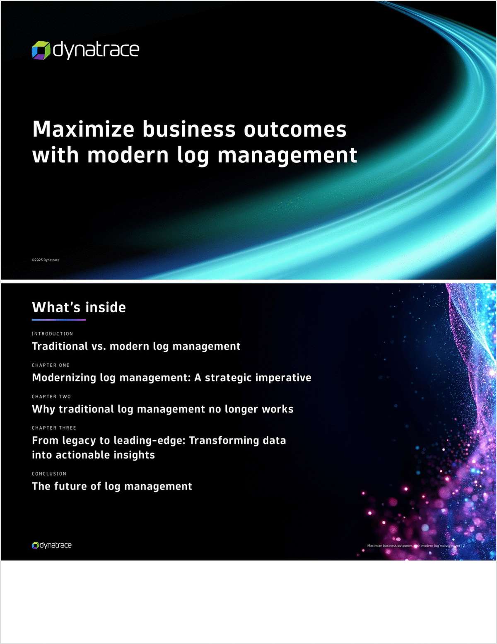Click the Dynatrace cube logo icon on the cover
41,50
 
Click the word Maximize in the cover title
83,129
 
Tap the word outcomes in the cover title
295,129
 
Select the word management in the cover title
287,155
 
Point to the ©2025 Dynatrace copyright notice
46,260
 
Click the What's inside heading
79,307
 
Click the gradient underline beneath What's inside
59,320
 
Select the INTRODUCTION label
52,334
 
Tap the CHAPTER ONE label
51,365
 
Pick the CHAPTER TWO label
51,397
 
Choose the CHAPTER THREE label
54,428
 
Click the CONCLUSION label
49,474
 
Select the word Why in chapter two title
43,409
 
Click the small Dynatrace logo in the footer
52,545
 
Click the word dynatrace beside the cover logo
96,50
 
